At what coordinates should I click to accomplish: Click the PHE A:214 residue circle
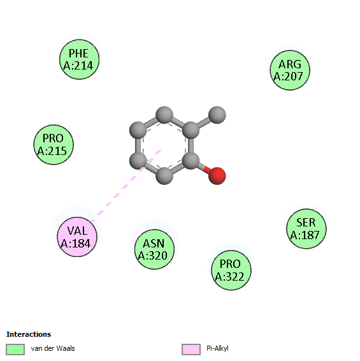(80, 59)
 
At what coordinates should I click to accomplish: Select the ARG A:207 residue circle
(290, 70)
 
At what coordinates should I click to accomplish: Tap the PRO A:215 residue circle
(54, 145)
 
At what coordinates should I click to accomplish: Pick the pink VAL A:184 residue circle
(77, 237)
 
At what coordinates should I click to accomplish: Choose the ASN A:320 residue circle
(154, 249)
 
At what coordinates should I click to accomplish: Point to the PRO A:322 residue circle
(231, 270)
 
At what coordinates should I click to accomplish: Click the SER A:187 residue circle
(306, 228)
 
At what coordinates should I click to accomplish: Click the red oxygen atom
(217, 176)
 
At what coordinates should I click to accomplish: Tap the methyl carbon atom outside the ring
(217, 115)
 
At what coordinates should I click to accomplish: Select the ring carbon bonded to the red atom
(191, 161)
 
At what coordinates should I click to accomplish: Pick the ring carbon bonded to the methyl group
(191, 130)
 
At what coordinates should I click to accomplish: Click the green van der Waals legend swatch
(15, 350)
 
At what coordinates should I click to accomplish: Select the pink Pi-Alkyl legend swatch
(191, 350)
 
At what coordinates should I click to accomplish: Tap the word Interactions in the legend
(29, 334)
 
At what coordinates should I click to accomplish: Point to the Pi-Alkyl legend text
(217, 349)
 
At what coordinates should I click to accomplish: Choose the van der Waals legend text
(53, 348)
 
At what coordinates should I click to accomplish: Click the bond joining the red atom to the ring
(204, 168)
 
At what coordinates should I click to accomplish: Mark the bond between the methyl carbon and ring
(204, 122)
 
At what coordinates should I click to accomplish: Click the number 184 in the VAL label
(81, 244)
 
